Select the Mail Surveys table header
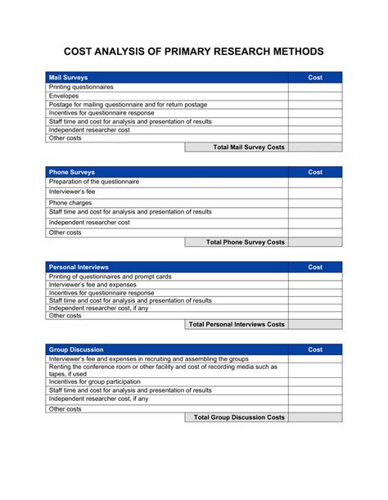(x=69, y=78)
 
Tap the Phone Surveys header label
(x=71, y=173)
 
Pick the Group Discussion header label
(x=76, y=349)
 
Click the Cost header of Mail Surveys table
(x=315, y=78)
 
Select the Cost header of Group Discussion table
(x=315, y=349)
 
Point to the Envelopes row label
(x=64, y=96)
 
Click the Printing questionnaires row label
(x=81, y=87)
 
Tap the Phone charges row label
(x=70, y=202)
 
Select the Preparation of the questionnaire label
(x=94, y=182)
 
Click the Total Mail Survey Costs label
(x=249, y=147)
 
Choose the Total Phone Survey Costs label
(x=246, y=242)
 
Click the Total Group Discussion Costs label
(x=239, y=417)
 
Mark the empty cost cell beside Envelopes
(x=315, y=96)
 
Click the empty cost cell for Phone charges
(x=315, y=202)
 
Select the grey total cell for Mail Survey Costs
(x=315, y=147)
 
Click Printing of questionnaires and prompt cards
(x=111, y=277)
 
